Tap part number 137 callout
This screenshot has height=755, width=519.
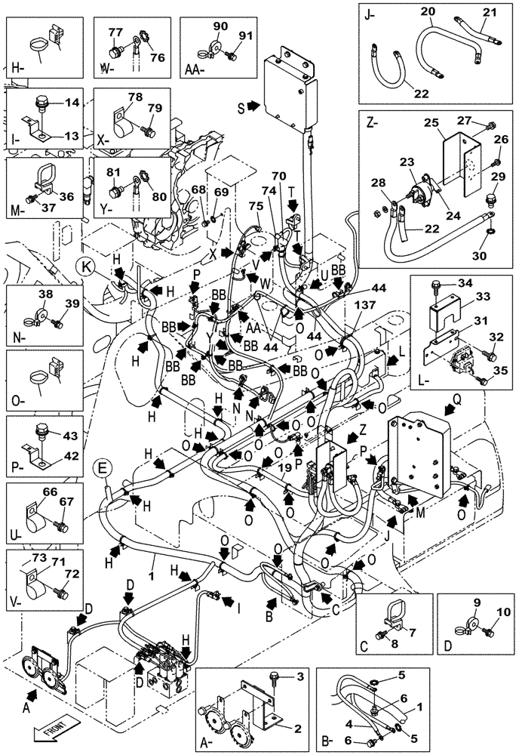[x=359, y=306]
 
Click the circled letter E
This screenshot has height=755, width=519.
[x=103, y=470]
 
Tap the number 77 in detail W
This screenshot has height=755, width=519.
[x=115, y=32]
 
